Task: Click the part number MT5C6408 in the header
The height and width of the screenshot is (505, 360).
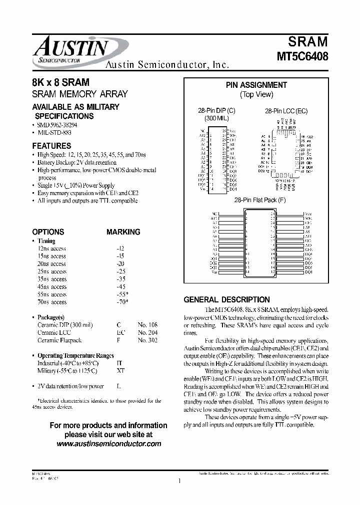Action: (302, 56)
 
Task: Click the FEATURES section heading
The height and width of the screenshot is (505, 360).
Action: (51, 146)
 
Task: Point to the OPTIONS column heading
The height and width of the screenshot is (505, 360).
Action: (48, 232)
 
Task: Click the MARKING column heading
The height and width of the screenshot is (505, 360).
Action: (123, 232)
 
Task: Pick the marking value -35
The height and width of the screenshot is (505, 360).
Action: (120, 279)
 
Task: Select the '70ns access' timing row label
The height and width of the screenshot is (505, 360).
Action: (52, 302)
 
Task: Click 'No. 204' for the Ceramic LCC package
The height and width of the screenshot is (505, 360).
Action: (147, 332)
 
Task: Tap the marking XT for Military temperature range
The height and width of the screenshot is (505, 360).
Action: (119, 371)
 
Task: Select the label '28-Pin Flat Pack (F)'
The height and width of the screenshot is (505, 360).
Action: (258, 199)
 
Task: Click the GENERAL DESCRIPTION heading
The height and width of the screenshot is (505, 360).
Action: (226, 300)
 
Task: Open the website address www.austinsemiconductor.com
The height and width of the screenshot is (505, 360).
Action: (108, 443)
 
